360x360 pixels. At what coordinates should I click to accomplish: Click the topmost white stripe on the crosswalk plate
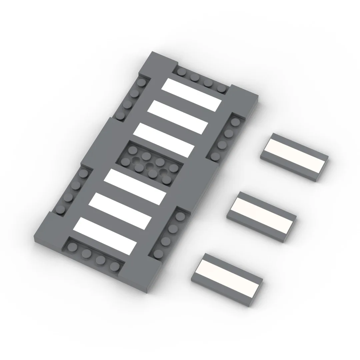(192, 95)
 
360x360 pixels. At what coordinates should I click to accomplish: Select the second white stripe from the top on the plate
(178, 117)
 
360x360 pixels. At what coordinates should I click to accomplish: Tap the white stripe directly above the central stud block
(164, 140)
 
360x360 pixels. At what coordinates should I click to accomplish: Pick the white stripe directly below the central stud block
(135, 186)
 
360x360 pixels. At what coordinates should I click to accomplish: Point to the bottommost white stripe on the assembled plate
(105, 235)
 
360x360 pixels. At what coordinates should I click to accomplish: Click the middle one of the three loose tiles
(262, 216)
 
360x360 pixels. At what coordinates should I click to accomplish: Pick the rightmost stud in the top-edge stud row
(221, 89)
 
